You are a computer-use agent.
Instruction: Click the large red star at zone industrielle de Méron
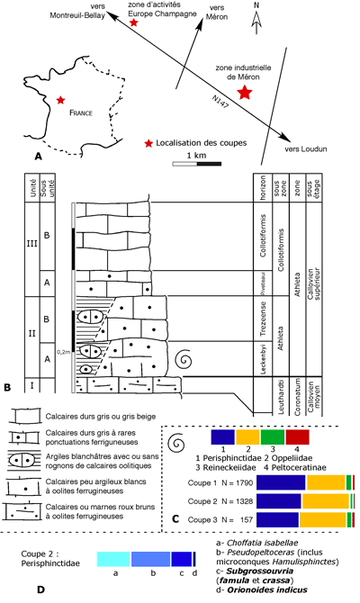(243, 93)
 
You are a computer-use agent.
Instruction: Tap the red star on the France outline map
(60, 100)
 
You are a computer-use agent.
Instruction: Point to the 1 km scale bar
(197, 165)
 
